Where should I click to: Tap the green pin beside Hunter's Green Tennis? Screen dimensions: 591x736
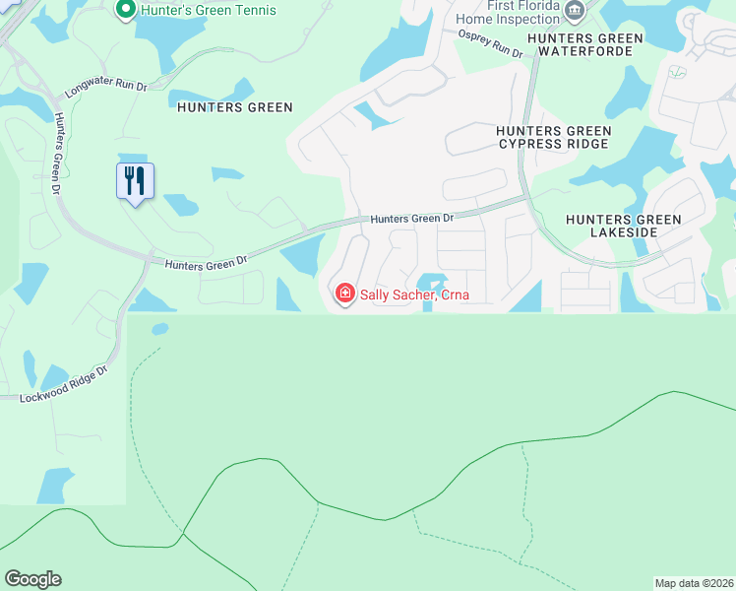[x=125, y=11]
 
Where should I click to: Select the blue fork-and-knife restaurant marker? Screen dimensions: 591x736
[x=136, y=181]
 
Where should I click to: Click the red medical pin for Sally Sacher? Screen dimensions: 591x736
[x=344, y=294]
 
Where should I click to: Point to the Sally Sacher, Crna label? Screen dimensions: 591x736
[x=413, y=294]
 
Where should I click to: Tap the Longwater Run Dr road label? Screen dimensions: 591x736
[x=106, y=86]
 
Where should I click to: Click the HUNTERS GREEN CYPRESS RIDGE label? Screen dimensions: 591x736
[x=553, y=137]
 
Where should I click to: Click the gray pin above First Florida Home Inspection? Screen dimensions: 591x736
[x=576, y=10]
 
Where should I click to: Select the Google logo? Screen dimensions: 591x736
[x=32, y=579]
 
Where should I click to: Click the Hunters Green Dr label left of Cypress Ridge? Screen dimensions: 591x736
[x=412, y=218]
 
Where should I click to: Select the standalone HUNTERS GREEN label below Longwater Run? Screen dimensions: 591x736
[x=235, y=107]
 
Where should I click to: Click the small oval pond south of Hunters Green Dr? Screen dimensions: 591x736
[x=159, y=329]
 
